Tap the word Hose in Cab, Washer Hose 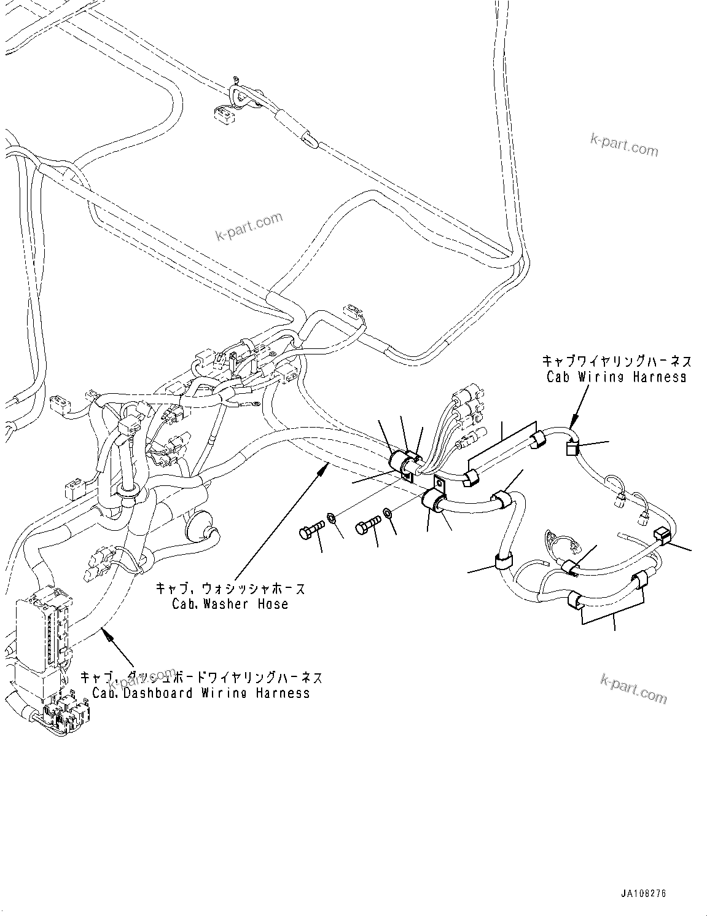(x=273, y=604)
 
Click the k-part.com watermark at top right (x=623, y=146)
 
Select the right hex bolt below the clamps (x=368, y=526)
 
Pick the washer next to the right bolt (x=388, y=513)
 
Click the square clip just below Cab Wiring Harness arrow (x=571, y=449)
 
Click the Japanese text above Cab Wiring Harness (x=616, y=361)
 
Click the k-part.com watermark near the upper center (x=249, y=226)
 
